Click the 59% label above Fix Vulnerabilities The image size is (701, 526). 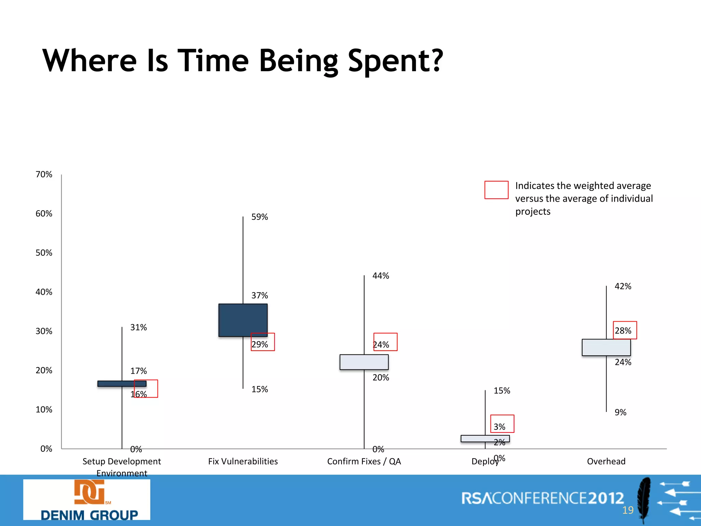tap(259, 217)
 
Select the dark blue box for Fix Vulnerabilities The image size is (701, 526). tap(243, 320)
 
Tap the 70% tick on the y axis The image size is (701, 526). tap(44, 174)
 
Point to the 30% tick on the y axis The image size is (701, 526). tap(44, 331)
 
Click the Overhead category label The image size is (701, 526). tap(606, 461)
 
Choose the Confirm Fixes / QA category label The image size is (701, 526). tap(364, 461)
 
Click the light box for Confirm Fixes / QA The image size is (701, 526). tap(364, 362)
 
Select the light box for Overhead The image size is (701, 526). tap(606, 347)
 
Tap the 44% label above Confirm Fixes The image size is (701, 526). tap(381, 276)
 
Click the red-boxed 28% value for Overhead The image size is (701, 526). tap(624, 330)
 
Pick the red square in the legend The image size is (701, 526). tap(496, 190)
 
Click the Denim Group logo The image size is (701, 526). tap(87, 499)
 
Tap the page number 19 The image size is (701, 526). tap(628, 510)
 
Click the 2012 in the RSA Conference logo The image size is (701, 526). tap(606, 498)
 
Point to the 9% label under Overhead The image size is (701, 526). tap(620, 412)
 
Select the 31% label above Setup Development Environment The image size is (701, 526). tap(138, 327)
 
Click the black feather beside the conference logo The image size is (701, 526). tap(643, 498)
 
